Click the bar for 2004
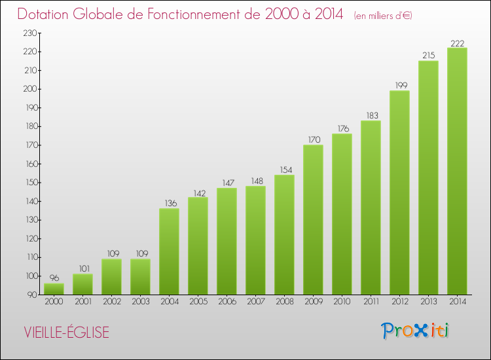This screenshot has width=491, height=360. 169,251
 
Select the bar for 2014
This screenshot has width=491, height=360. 457,171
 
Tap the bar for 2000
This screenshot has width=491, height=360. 54,289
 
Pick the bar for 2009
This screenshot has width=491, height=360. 313,220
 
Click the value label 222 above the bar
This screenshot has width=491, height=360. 457,43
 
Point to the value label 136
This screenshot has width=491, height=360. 169,204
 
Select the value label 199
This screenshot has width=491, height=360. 399,86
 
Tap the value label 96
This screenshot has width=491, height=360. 54,278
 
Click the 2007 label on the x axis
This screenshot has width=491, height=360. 255,301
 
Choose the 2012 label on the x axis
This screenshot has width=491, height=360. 399,301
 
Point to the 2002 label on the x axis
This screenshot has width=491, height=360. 111,301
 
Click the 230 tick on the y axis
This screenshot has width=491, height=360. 30,33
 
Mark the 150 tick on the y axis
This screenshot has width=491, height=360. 30,183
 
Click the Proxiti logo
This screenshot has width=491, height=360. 416,331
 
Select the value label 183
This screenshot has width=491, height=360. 371,116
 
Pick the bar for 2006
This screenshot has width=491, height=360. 227,242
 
